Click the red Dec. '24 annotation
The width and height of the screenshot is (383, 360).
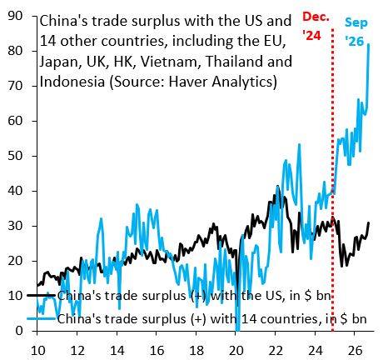click(x=316, y=26)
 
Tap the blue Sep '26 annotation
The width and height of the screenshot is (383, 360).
click(x=356, y=32)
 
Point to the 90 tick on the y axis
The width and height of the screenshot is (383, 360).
click(x=15, y=16)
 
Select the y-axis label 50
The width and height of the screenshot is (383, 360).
click(x=15, y=156)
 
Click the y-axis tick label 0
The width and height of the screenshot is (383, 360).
click(x=19, y=331)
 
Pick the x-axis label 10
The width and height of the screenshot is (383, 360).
click(x=37, y=351)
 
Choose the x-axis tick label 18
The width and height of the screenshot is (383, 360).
click(x=196, y=351)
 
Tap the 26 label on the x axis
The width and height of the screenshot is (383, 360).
click(x=355, y=351)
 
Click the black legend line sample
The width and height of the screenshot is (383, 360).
click(x=42, y=295)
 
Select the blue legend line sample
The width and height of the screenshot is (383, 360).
click(x=42, y=318)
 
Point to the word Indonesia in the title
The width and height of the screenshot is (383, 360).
click(x=72, y=82)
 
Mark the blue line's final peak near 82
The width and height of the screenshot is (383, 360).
click(x=369, y=44)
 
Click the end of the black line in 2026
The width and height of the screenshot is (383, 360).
click(x=369, y=222)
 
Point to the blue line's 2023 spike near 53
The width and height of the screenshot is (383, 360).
click(x=299, y=144)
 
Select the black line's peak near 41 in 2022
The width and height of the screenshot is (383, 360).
click(x=277, y=186)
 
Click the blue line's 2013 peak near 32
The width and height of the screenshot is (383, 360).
click(x=101, y=218)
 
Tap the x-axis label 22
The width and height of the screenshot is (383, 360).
click(x=276, y=351)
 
